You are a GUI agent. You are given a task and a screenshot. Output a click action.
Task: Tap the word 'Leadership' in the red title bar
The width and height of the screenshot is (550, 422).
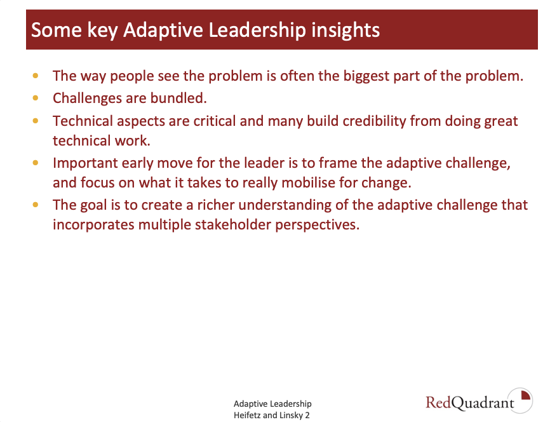click(257, 31)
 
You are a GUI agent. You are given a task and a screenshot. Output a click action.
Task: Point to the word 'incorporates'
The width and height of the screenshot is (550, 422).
click(93, 225)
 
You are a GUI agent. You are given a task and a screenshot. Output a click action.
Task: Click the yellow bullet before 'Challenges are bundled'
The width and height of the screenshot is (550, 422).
click(36, 98)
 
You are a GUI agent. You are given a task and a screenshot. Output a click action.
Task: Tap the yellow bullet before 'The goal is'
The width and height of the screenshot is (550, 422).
click(36, 205)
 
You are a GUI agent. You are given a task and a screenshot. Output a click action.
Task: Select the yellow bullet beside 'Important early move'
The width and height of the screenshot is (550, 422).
click(36, 163)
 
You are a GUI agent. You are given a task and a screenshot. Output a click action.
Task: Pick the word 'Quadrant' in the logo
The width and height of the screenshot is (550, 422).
click(483, 403)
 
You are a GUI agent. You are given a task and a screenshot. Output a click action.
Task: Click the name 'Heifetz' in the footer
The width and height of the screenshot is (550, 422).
click(247, 416)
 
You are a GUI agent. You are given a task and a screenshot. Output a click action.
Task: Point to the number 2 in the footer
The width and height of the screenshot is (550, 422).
click(307, 416)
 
